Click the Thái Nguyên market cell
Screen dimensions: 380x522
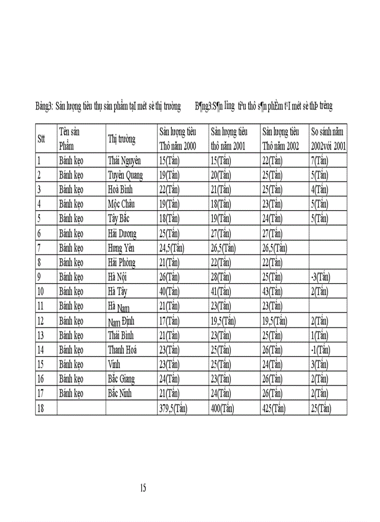coord(124,161)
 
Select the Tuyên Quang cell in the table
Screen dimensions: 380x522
coord(125,175)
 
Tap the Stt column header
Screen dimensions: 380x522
coord(41,139)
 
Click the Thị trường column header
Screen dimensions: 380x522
coord(122,139)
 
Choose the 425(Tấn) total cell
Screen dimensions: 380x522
coord(274,409)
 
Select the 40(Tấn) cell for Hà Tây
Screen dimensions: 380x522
coord(170,291)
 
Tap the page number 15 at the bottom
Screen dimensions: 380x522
coord(143,488)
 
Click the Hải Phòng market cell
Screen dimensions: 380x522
coord(122,263)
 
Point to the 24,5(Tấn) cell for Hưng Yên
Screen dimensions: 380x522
coord(172,248)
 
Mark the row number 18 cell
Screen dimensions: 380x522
coord(41,409)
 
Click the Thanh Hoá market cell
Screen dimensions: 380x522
coord(122,350)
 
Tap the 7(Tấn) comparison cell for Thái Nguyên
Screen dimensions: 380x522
coord(320,161)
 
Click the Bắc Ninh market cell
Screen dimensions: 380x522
coord(120,394)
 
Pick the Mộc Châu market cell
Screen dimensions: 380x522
coord(122,204)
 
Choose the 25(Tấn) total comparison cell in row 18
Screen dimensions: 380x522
coord(321,409)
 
